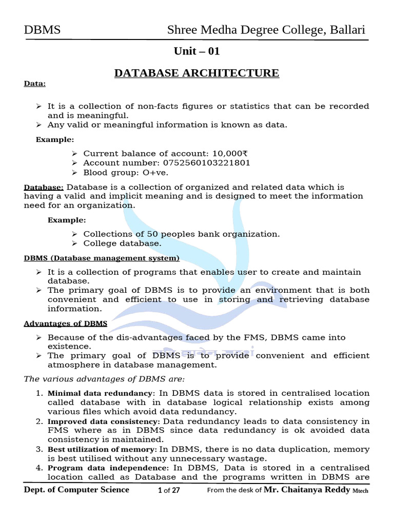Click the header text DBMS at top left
point(42,30)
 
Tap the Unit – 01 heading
point(197,51)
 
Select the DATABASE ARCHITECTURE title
point(196,73)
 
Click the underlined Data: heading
point(35,84)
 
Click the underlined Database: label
point(44,187)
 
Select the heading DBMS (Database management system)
point(102,258)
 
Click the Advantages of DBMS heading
point(66,324)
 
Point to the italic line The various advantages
point(105,379)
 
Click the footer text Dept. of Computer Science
point(77,490)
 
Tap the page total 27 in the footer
point(175,491)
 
